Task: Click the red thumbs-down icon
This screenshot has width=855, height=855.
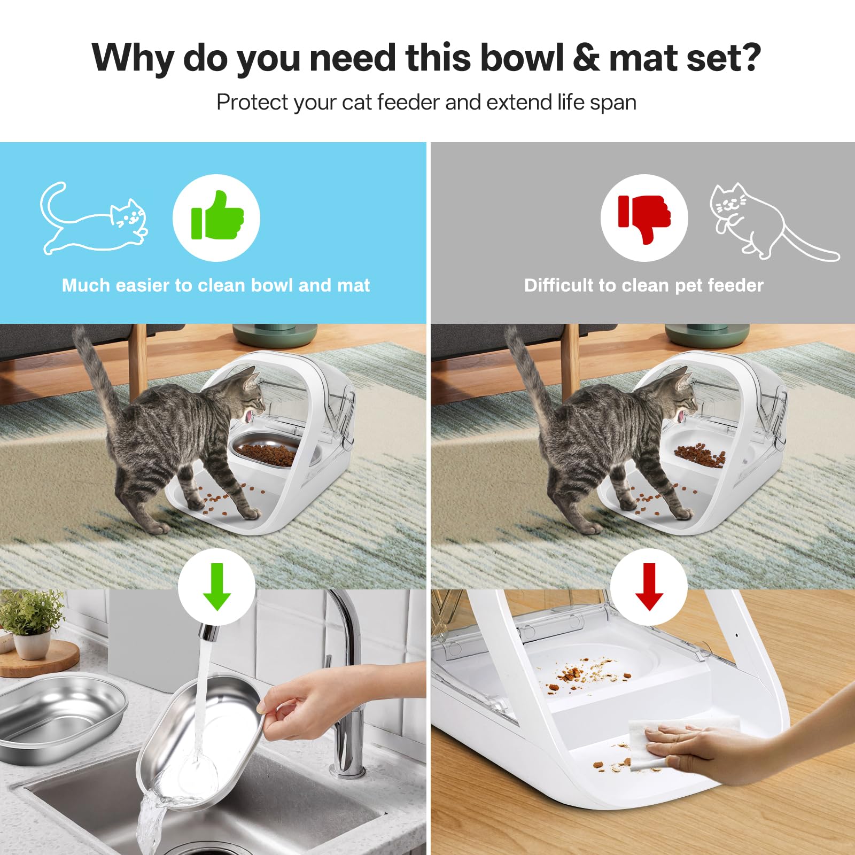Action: point(644,218)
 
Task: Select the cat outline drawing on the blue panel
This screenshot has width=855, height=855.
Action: point(94,219)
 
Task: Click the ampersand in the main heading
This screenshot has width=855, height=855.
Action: point(586,57)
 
